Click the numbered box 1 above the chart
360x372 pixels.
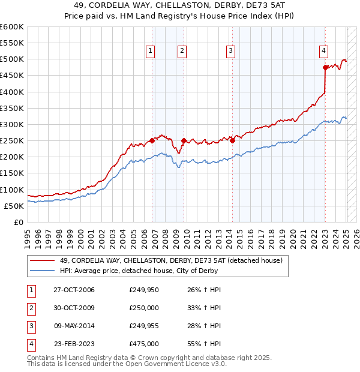(149, 52)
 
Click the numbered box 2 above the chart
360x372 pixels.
(181, 52)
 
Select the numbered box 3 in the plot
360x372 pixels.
(230, 52)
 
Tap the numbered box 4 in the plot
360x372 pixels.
(323, 52)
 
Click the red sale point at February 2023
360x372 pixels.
(325, 67)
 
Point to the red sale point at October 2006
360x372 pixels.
(152, 140)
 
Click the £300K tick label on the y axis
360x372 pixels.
(11, 124)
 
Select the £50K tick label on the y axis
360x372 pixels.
(13, 206)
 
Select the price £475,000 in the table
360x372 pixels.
(144, 344)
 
